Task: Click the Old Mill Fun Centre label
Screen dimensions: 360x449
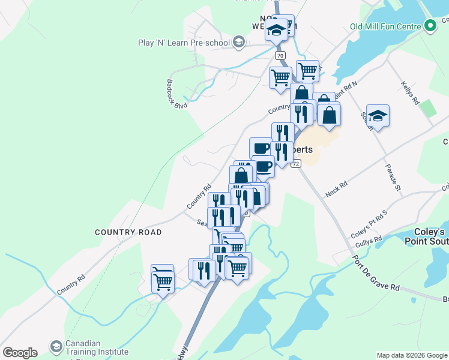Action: click(x=384, y=26)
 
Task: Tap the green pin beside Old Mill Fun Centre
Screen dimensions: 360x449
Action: click(x=430, y=26)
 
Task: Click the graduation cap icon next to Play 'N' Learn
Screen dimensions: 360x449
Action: click(x=239, y=42)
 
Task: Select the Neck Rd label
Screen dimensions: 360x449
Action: click(x=336, y=190)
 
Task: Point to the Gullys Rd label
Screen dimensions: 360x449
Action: click(x=369, y=241)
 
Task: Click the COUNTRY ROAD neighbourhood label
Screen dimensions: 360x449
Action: click(x=128, y=232)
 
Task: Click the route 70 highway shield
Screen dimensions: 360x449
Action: click(x=280, y=55)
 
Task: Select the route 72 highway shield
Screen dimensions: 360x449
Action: click(x=295, y=163)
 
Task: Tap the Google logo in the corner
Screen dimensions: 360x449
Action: click(x=20, y=353)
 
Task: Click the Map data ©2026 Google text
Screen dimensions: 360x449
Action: click(x=411, y=355)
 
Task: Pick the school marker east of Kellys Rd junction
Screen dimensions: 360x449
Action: click(x=378, y=115)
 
